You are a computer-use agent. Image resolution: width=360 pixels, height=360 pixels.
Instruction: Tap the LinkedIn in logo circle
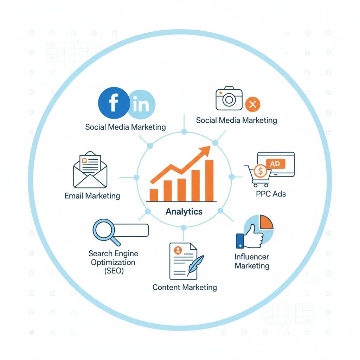tap(141, 104)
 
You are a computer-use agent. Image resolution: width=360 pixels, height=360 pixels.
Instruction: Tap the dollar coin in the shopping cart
tap(261, 171)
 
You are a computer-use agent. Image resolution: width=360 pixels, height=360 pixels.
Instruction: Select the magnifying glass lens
tap(103, 230)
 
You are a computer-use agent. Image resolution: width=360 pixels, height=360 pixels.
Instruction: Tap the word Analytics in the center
tap(184, 211)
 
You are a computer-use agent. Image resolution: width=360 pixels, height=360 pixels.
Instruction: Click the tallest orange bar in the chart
tap(209, 180)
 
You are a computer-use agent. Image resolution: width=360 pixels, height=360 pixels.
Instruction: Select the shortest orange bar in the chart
tap(154, 195)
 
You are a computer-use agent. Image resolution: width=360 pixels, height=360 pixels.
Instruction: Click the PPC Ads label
tap(271, 193)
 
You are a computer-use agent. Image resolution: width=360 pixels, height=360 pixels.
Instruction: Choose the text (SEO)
tap(114, 271)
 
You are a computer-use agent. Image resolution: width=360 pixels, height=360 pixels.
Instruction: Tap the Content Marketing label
tap(185, 287)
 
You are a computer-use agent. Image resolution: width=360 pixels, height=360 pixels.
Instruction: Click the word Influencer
tap(252, 257)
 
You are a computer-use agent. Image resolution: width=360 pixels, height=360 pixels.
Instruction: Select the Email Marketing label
tap(92, 195)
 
